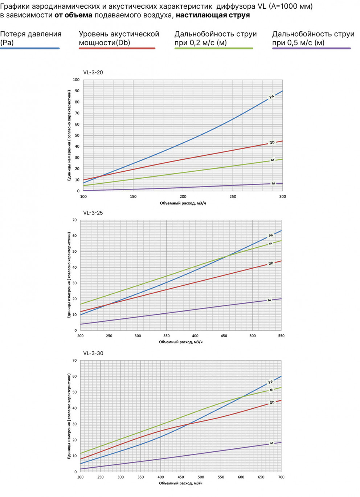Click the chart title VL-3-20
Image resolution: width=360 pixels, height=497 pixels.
coord(93,73)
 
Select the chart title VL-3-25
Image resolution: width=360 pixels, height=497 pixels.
coord(93,213)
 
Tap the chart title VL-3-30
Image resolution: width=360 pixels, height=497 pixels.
coord(93,353)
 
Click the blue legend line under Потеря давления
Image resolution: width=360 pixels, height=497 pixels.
coord(30,48)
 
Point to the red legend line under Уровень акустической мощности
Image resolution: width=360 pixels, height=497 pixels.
coord(117,48)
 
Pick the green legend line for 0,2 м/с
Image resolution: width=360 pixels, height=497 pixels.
coord(213,48)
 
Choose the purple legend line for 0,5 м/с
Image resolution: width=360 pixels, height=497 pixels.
coord(311,48)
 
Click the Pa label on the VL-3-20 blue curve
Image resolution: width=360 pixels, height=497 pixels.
coord(271,97)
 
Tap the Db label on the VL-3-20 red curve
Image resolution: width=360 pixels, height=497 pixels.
coord(272,143)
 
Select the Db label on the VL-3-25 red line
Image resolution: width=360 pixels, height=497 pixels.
coord(271,264)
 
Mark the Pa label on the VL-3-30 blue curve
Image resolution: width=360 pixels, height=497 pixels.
coord(270,382)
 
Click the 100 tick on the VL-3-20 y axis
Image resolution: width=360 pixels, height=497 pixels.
coord(76,80)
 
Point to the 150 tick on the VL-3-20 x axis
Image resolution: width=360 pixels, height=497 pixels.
coord(133,197)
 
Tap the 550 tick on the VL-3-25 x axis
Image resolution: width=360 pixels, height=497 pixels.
coord(281,336)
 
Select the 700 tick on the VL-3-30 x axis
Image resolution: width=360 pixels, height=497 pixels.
coord(281,477)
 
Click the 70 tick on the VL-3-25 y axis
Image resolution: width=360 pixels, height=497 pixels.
coord(74,220)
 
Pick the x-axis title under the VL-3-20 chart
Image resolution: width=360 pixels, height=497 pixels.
coord(183,203)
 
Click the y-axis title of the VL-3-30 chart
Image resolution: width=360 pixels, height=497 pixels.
coord(69,416)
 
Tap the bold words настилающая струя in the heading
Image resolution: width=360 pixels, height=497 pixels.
coord(213,15)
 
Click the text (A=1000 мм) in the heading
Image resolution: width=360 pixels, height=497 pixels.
coord(291,6)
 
